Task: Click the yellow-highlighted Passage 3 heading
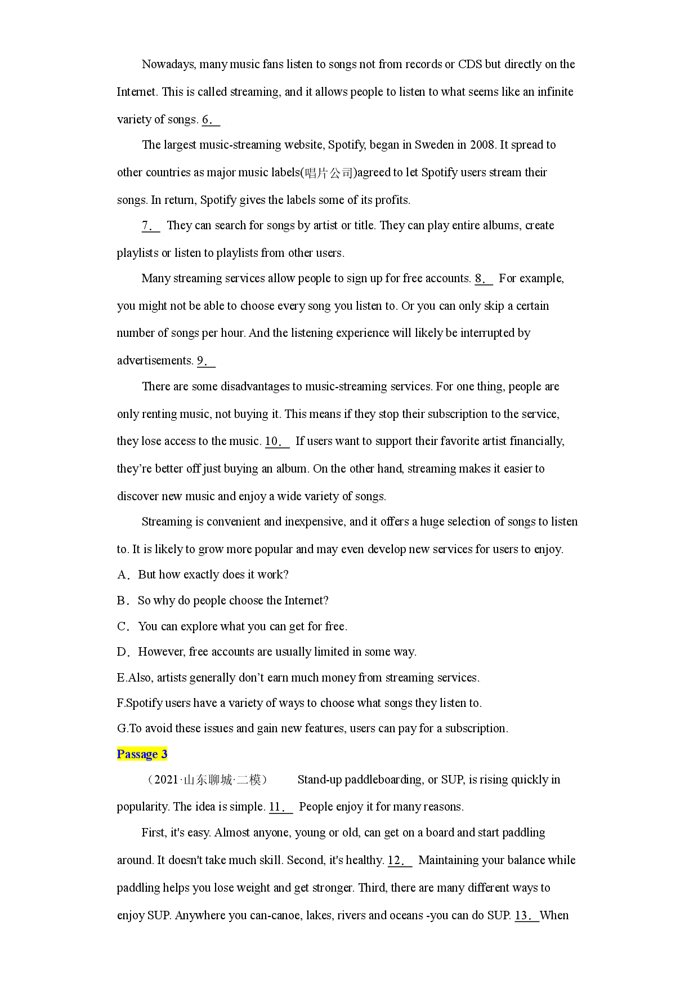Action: [x=142, y=754]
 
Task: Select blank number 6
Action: [x=211, y=119]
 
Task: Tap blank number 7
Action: [x=151, y=226]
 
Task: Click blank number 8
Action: [x=484, y=279]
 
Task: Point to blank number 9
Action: [x=206, y=361]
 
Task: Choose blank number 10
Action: [x=277, y=442]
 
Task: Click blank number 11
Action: [x=281, y=807]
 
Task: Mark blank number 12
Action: [x=400, y=861]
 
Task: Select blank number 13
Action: [x=527, y=916]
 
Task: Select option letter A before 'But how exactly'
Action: [x=123, y=575]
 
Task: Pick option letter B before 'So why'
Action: [x=123, y=600]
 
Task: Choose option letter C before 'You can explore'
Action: [x=123, y=626]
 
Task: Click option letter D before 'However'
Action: [x=123, y=652]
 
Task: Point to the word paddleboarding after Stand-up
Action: [x=384, y=780]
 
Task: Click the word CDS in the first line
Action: [x=470, y=64]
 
